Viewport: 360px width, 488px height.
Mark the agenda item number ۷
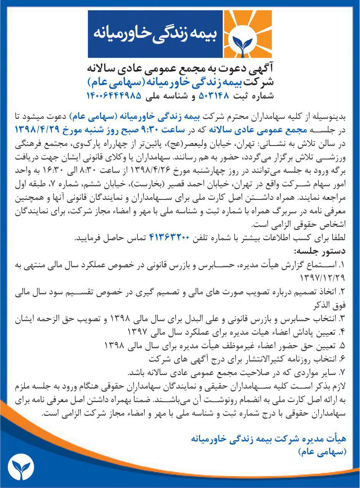342,372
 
